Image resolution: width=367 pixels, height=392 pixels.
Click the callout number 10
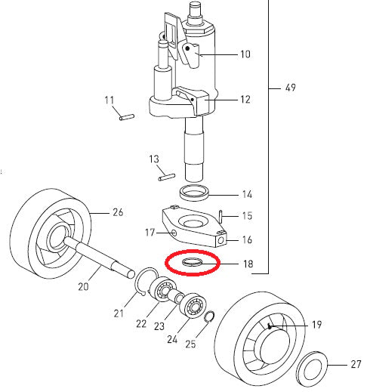coord(245,54)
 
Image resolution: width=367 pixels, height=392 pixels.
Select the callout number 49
coord(291,88)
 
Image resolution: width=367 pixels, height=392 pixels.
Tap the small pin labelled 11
coord(127,117)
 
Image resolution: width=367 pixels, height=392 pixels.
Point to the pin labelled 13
coord(167,177)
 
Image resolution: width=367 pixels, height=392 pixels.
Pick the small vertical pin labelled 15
coord(221,217)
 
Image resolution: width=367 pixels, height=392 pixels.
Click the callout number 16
coord(247,239)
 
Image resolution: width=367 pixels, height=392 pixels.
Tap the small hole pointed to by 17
coord(174,233)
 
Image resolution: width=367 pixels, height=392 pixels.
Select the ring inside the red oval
coord(192,262)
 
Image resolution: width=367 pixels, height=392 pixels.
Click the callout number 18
coord(248,264)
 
